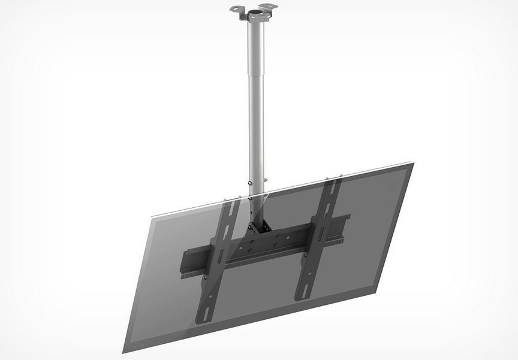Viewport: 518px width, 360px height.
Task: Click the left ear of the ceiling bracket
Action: (x=236, y=10)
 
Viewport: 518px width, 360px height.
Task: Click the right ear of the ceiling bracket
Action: (x=272, y=8)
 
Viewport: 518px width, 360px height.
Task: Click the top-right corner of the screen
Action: (x=412, y=164)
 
